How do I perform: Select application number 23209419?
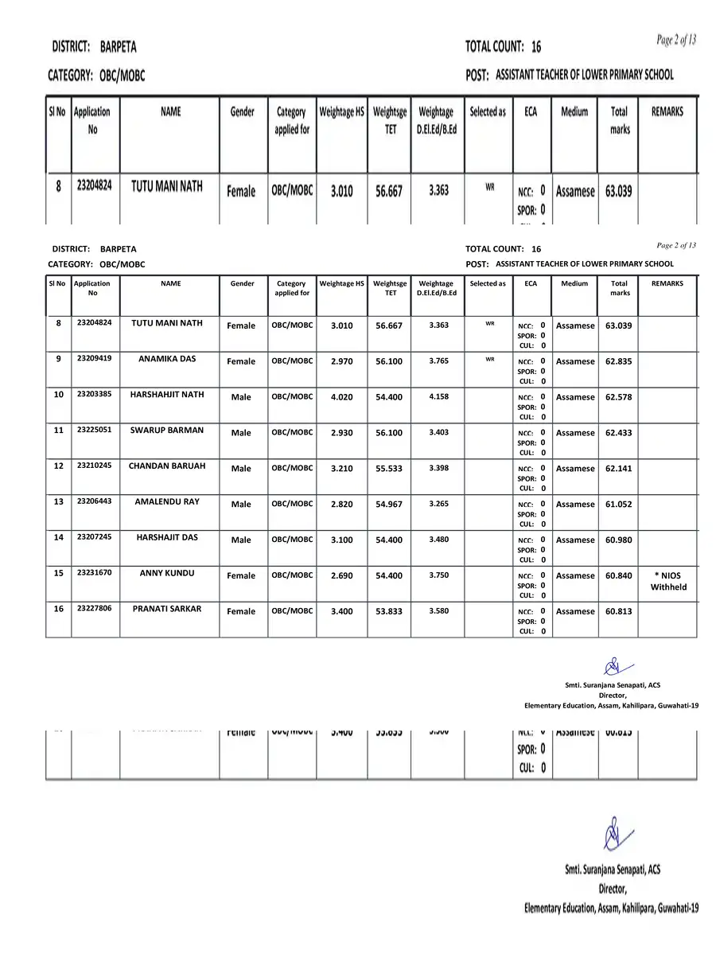coord(94,358)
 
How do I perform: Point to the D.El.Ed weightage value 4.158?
coord(438,396)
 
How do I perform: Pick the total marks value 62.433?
coord(619,433)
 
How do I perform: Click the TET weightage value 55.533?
coord(389,469)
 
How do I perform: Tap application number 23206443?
coord(94,501)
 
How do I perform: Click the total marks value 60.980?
coord(619,540)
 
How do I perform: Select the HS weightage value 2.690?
coord(341,576)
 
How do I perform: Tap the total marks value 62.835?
coord(619,361)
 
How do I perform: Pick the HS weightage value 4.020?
coord(341,397)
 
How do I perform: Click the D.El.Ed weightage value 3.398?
coord(438,467)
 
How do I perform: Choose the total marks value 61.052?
coord(619,505)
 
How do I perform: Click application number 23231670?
coord(94,572)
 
